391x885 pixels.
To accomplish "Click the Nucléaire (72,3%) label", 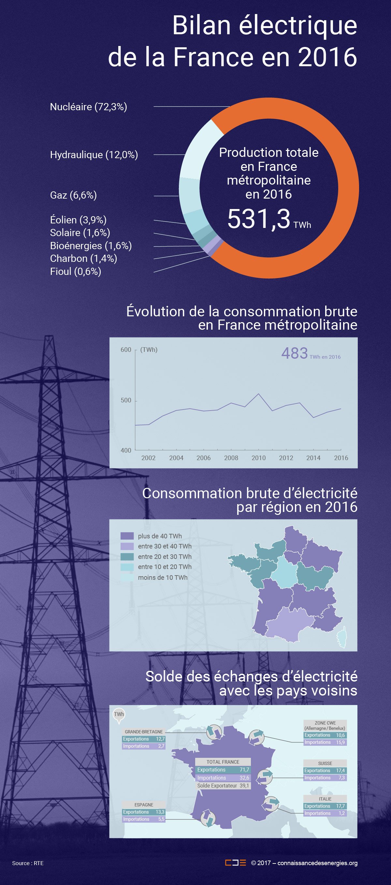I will tap(89, 107).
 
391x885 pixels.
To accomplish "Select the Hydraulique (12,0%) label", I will tap(94, 155).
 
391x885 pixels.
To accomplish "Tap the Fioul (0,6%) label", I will tap(76, 271).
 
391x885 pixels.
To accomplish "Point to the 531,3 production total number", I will tap(259, 219).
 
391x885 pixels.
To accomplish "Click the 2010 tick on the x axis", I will tap(258, 457).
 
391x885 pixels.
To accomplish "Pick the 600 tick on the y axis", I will tap(126, 350).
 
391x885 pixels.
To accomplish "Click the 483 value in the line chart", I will tap(295, 353).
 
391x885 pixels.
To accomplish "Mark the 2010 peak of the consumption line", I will tap(258, 394).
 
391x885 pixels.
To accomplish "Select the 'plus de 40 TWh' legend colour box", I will tap(127, 536).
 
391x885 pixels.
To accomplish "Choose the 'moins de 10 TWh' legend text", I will tap(163, 577).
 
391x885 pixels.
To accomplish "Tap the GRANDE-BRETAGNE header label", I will tap(143, 732).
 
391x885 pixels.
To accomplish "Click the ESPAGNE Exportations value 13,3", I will tap(160, 812).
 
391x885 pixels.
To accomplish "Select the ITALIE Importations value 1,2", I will tap(341, 813).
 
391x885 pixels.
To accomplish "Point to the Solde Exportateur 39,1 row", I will tap(223, 786).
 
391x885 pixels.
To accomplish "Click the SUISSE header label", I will tap(325, 763).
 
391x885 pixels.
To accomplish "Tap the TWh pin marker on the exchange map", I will tap(119, 714).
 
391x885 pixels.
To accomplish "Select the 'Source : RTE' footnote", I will tap(28, 863).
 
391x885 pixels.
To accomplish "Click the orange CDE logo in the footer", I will tap(236, 863).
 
